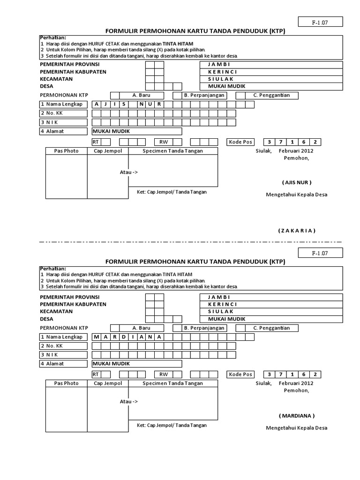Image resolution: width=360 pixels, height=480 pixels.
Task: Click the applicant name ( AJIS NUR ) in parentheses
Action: (x=296, y=182)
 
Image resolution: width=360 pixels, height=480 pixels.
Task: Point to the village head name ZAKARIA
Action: (x=297, y=231)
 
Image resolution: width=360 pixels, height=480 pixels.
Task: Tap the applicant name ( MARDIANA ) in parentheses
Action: (x=297, y=416)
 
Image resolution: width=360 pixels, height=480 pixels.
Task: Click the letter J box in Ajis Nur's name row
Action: (x=105, y=104)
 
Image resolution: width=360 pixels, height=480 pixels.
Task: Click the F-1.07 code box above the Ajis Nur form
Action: (x=321, y=22)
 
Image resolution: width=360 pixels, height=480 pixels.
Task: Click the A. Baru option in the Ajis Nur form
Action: (x=141, y=95)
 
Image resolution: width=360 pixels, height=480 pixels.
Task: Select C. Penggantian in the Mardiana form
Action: (x=271, y=328)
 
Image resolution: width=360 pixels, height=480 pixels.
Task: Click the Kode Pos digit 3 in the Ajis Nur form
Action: (x=270, y=142)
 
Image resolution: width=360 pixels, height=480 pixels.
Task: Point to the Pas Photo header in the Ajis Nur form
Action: (x=66, y=151)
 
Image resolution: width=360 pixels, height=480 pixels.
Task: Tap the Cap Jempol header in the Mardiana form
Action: (x=108, y=383)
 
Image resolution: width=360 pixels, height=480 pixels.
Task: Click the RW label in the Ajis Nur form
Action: (x=164, y=142)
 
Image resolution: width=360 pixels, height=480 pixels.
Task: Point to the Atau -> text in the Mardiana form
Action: (x=129, y=402)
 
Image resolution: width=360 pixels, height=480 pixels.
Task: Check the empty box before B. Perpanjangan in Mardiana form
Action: (x=177, y=328)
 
